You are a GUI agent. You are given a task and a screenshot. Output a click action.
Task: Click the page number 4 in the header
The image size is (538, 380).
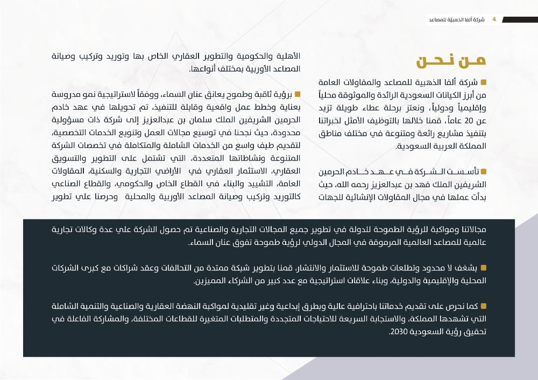(x=494, y=19)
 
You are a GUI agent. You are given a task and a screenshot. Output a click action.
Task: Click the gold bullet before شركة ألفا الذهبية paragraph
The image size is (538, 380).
(x=483, y=82)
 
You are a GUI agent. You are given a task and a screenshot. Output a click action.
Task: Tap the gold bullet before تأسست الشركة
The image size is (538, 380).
(x=483, y=171)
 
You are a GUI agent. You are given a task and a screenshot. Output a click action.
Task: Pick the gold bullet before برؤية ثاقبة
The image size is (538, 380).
(x=297, y=94)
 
